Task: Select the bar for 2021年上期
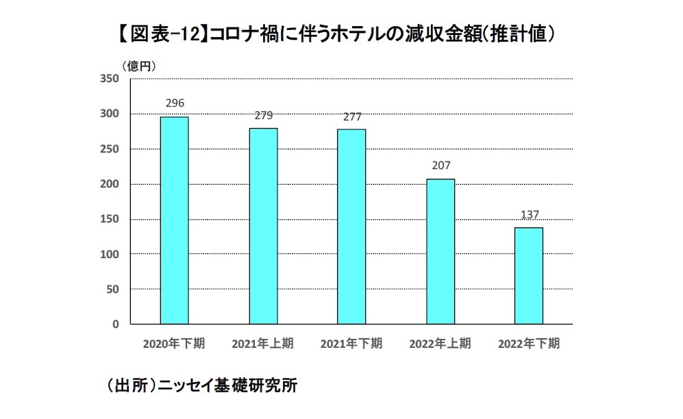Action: click(x=263, y=226)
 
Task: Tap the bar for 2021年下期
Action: click(x=351, y=227)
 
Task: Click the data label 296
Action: click(x=175, y=103)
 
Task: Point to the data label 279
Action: click(x=263, y=116)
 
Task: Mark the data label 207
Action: click(x=440, y=166)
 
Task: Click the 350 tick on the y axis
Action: click(x=110, y=79)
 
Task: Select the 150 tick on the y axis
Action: click(x=110, y=219)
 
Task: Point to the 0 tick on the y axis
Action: click(x=116, y=324)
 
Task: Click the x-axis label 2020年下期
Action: click(x=174, y=344)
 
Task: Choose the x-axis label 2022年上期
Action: click(x=440, y=344)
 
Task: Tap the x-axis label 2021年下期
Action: click(x=351, y=344)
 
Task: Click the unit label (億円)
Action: click(x=140, y=66)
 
